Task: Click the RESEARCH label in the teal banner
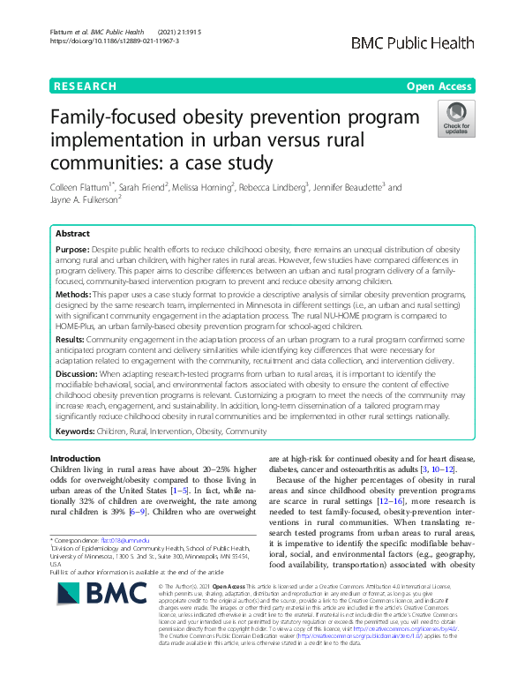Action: point(86,86)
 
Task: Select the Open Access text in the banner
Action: point(441,86)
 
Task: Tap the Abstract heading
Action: point(72,234)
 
